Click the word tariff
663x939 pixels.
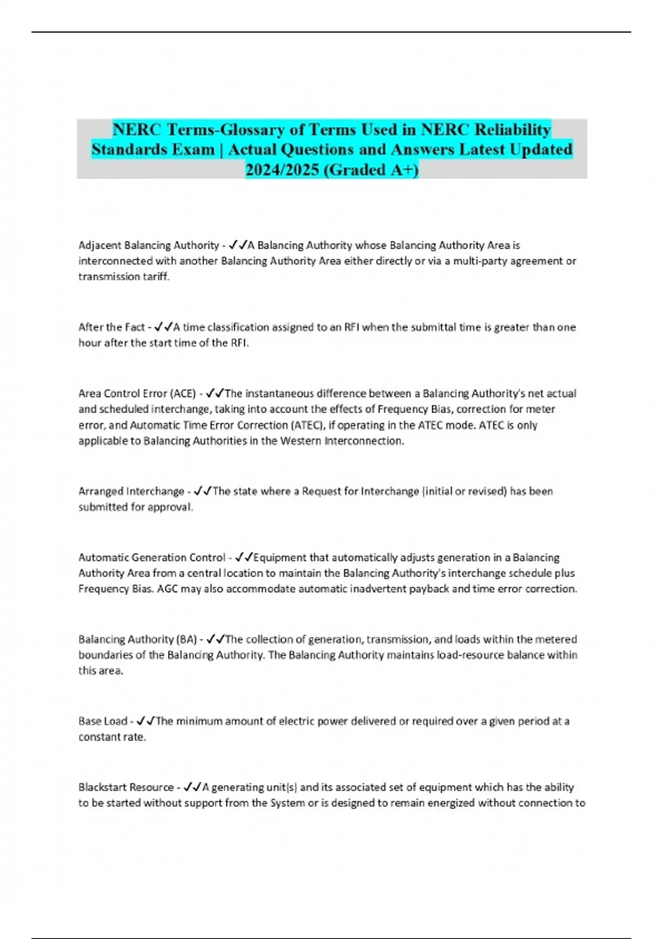[x=155, y=277]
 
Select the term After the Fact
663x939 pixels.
[x=112, y=327]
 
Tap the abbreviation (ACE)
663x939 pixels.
[x=184, y=394]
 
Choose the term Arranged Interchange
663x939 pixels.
[x=131, y=492]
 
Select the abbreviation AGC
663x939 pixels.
[x=168, y=589]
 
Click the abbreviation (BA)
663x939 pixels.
[x=186, y=640]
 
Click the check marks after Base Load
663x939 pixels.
[x=146, y=721]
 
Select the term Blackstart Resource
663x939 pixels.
[x=126, y=787]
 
